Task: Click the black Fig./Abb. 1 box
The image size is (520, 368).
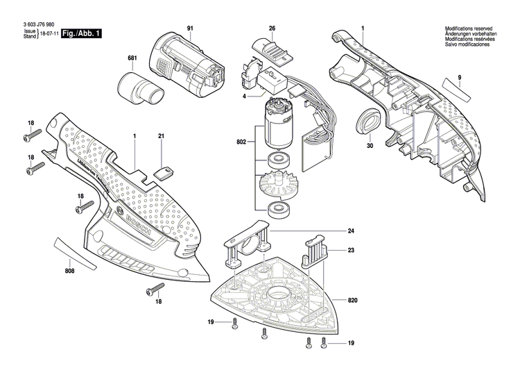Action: point(80,33)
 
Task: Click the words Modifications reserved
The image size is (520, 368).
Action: point(468,28)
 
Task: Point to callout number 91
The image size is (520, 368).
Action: point(189,28)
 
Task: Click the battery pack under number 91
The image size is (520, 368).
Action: point(187,62)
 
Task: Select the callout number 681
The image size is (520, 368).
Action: point(132,58)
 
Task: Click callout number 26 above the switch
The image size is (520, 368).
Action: point(272,28)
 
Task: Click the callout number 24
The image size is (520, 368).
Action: point(351,231)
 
